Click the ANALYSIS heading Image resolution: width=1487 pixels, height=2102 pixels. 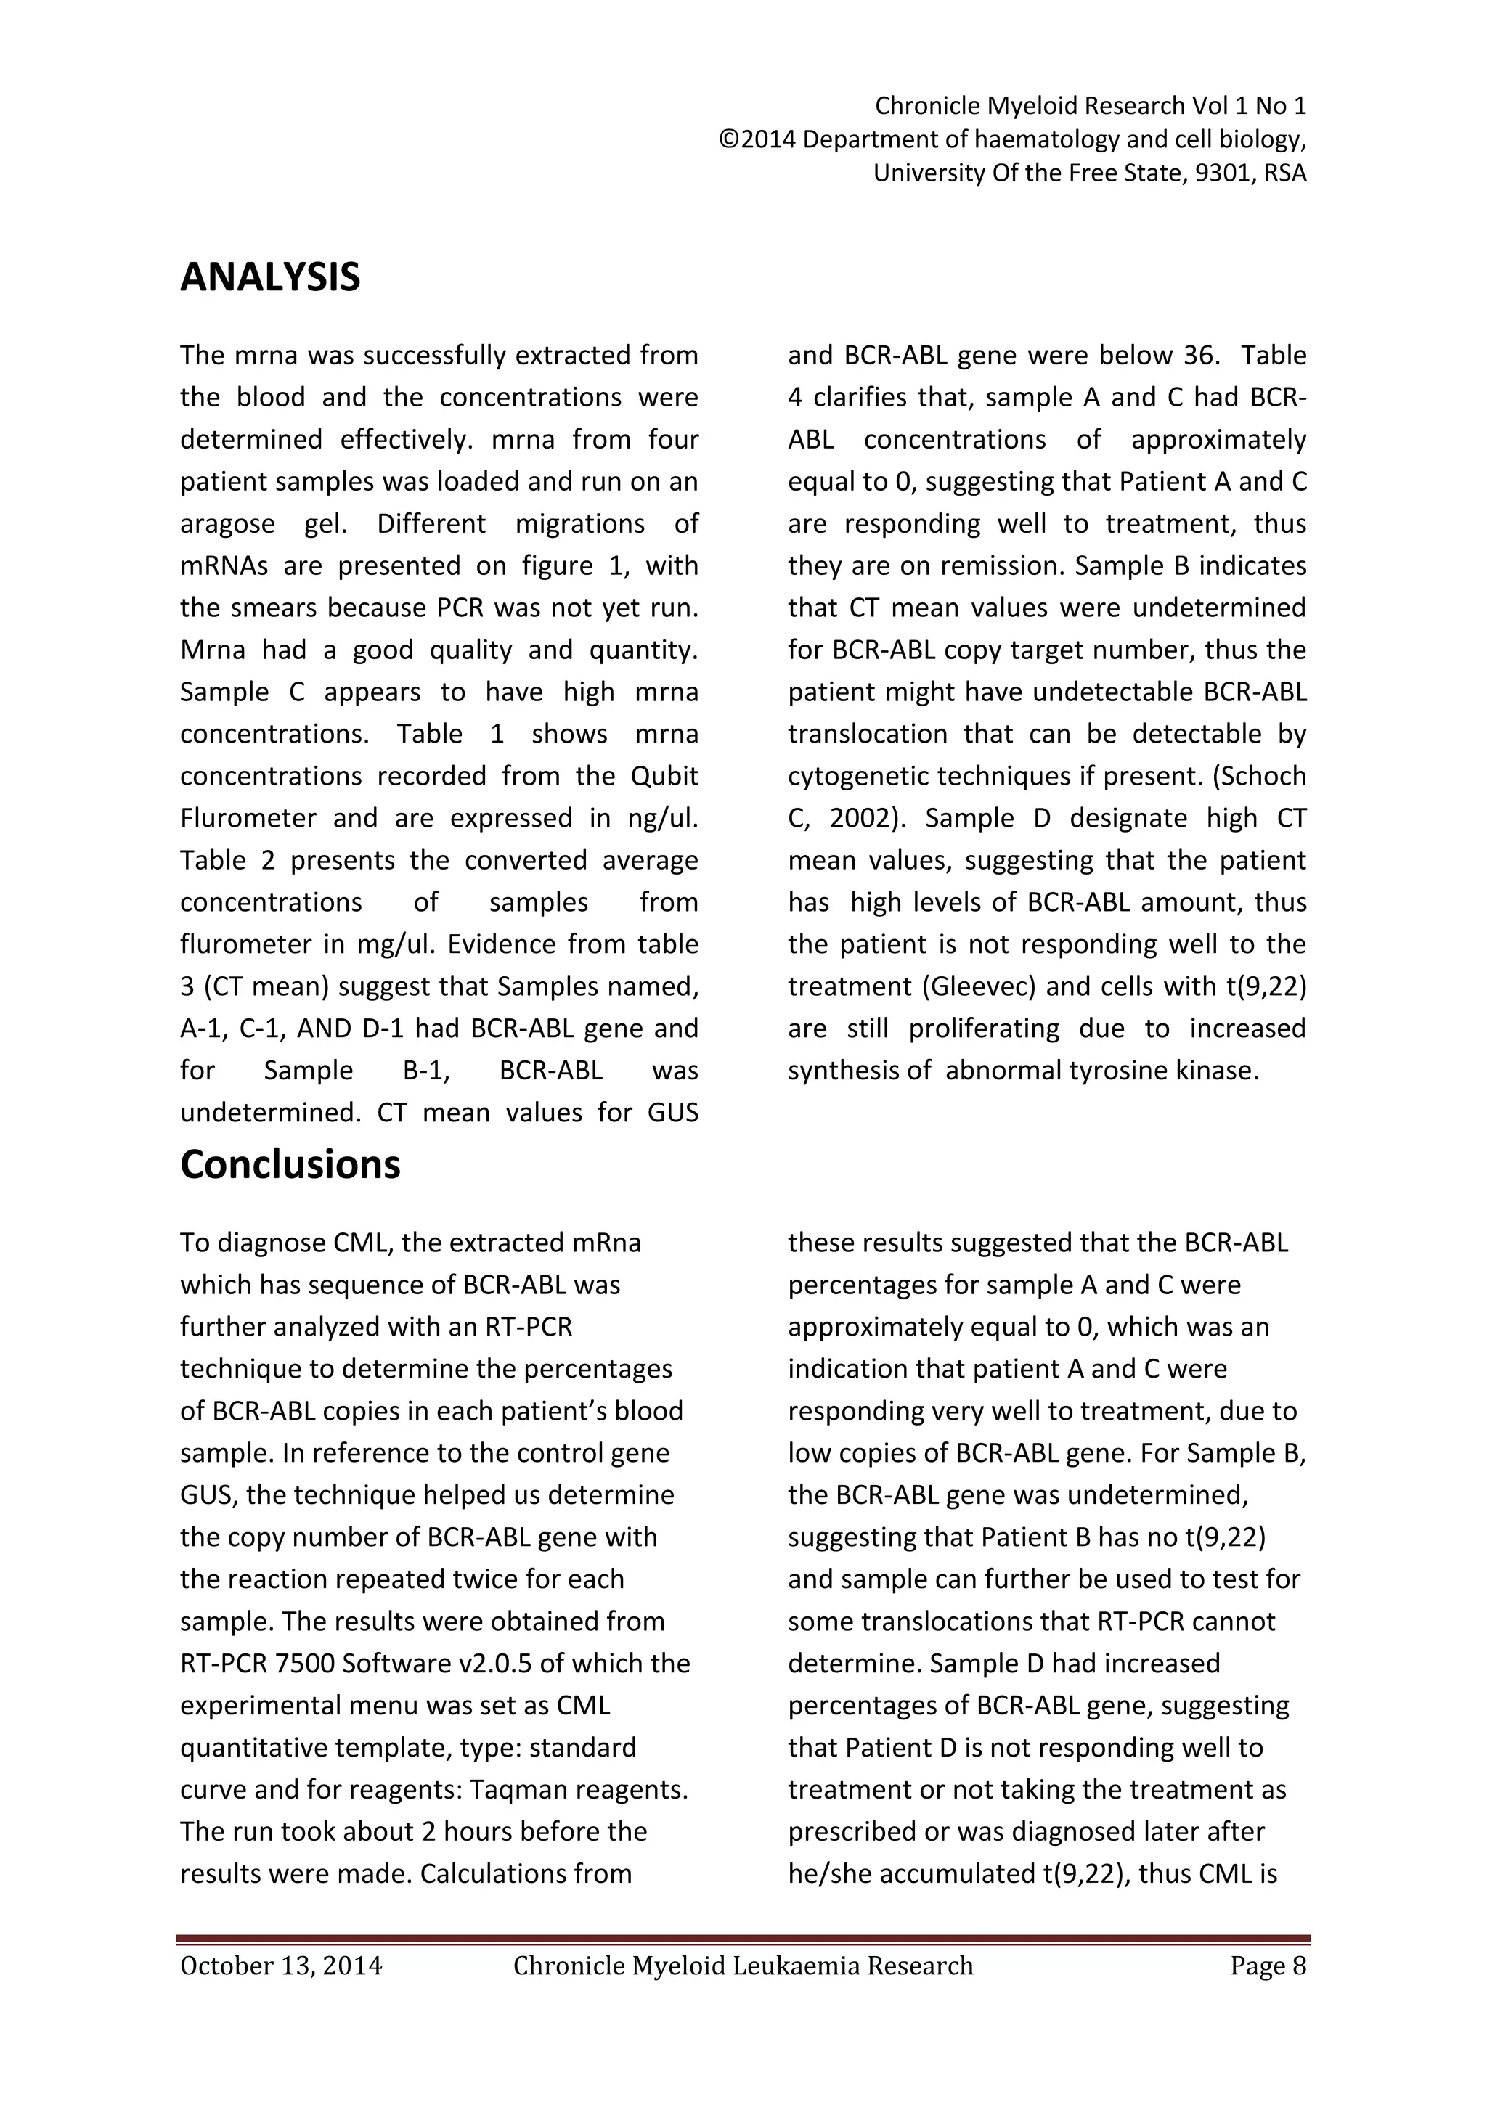[x=270, y=277]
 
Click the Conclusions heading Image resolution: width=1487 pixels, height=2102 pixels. [x=290, y=1164]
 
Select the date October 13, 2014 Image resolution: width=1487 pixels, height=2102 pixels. [x=281, y=1966]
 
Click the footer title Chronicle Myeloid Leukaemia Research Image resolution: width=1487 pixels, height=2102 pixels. [x=743, y=1966]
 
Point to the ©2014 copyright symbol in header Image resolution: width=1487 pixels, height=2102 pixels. [x=729, y=140]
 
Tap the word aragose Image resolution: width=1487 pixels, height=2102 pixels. [x=227, y=523]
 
